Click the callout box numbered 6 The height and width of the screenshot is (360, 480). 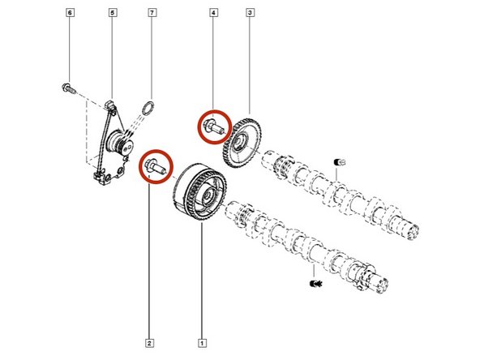70,15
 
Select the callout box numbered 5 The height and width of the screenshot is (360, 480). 112,15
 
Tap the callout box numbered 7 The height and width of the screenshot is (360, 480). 152,15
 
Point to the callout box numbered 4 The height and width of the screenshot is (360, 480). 214,15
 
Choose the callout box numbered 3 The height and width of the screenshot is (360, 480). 250,15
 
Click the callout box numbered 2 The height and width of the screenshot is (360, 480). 148,331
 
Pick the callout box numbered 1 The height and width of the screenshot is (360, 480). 202,331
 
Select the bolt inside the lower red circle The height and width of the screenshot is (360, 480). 154,166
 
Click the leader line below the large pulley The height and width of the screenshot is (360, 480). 202,276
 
